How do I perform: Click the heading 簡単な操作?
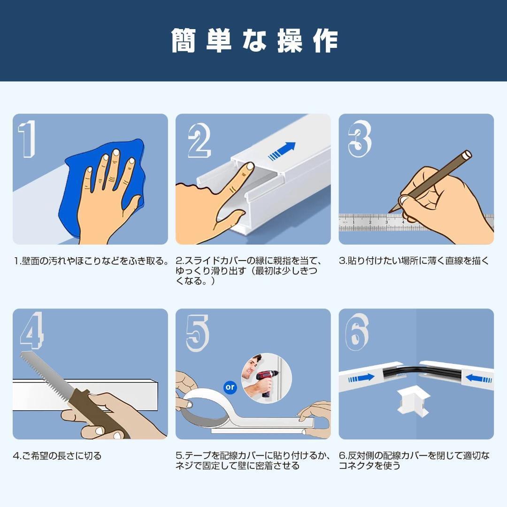pyautogui.click(x=254, y=41)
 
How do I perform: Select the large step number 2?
pyautogui.click(x=200, y=141)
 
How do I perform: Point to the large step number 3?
pyautogui.click(x=360, y=138)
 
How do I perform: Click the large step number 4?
pyautogui.click(x=32, y=330)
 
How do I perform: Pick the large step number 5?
pyautogui.click(x=198, y=333)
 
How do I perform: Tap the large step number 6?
pyautogui.click(x=357, y=332)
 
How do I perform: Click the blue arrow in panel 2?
pyautogui.click(x=282, y=151)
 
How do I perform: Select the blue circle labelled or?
pyautogui.click(x=230, y=387)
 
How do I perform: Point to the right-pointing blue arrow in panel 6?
pyautogui.click(x=361, y=377)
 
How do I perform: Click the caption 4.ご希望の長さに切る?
pyautogui.click(x=57, y=456)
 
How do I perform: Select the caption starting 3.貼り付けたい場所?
pyautogui.click(x=414, y=261)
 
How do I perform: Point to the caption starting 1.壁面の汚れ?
pyautogui.click(x=91, y=261)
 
